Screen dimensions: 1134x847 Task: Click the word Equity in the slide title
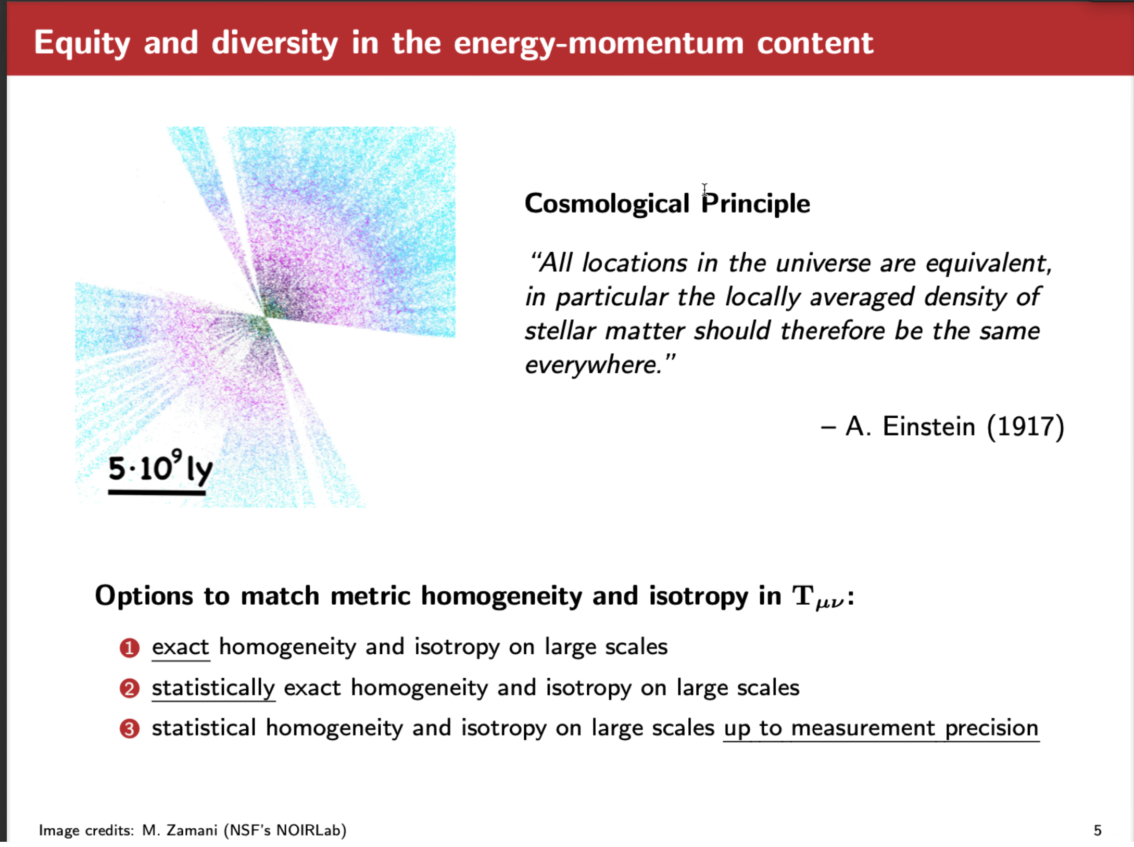pos(82,43)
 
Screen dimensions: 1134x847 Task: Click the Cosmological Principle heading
pos(667,204)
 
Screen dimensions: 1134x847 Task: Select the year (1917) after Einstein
pos(1025,427)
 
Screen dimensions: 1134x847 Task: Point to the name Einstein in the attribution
pos(928,426)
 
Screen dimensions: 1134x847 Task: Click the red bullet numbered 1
pos(130,648)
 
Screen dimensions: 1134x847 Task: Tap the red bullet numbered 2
pos(130,689)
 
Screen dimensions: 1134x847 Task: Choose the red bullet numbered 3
pos(130,729)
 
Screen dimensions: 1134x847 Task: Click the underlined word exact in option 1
pos(181,647)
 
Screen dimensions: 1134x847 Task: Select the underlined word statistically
pos(213,689)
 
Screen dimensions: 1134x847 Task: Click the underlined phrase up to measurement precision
pos(881,729)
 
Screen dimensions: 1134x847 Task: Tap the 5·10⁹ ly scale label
pos(161,467)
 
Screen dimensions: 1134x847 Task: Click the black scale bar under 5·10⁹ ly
pos(157,492)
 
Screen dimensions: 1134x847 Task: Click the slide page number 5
pos(1098,830)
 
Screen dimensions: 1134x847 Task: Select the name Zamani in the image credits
pos(192,830)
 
